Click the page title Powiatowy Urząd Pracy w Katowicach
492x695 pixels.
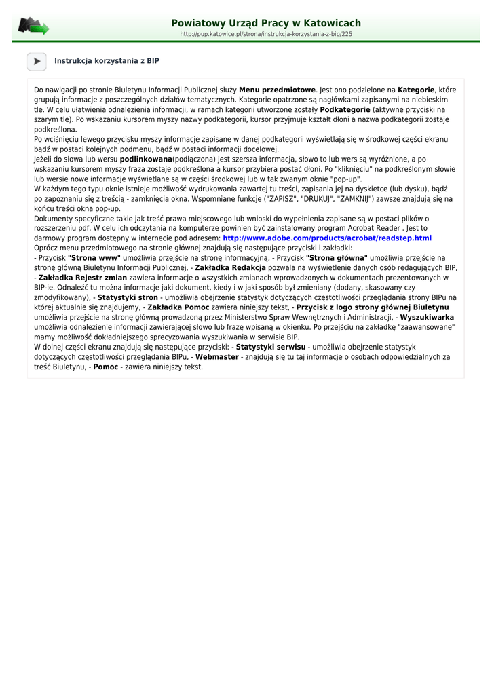[266, 23]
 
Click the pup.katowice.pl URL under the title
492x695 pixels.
[266, 34]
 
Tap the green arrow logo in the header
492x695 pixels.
[33, 26]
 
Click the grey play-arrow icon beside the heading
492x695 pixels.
[37, 61]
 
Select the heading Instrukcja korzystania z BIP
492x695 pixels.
[107, 61]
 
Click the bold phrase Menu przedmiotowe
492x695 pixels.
[278, 90]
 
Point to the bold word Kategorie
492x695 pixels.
[416, 90]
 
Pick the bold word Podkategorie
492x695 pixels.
[345, 109]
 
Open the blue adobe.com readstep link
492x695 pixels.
[327, 238]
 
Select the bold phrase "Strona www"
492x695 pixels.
[94, 258]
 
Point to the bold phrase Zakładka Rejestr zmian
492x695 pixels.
[83, 278]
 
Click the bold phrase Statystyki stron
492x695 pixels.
[128, 297]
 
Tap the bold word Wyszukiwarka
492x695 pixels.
[427, 317]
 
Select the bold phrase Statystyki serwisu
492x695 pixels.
[271, 347]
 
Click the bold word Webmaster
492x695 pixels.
[217, 356]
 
